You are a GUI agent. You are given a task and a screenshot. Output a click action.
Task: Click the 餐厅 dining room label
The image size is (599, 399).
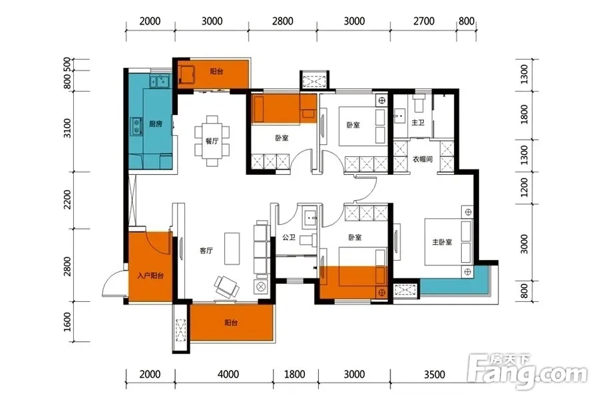[212, 141]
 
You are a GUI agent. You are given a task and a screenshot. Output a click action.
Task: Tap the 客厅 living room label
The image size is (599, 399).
[206, 251]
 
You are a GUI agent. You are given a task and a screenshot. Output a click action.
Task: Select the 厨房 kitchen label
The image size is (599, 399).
[156, 124]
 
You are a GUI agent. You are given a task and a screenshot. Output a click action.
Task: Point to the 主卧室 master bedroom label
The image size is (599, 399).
[442, 242]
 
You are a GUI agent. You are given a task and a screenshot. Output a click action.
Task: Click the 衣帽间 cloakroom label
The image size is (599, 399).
[423, 159]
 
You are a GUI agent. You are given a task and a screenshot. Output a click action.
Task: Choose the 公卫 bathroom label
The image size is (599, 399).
[290, 237]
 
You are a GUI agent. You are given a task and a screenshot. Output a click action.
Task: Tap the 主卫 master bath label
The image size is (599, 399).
[417, 122]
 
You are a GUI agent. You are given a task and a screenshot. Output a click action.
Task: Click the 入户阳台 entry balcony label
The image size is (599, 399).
[150, 275]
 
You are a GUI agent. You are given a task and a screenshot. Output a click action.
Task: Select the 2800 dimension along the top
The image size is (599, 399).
[283, 21]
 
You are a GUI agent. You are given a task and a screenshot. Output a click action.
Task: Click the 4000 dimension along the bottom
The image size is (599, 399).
[228, 374]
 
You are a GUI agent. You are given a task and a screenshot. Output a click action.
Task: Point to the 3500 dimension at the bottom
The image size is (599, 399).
[435, 374]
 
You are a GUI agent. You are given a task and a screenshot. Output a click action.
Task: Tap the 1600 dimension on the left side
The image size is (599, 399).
[67, 322]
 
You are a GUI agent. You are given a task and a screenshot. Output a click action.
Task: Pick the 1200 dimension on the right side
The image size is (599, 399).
[524, 187]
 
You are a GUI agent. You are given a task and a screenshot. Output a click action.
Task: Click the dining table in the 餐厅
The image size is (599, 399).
[212, 141]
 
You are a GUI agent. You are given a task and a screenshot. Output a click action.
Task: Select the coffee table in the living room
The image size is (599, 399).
[232, 249]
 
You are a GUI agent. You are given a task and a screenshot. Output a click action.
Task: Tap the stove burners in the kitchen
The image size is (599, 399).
[136, 126]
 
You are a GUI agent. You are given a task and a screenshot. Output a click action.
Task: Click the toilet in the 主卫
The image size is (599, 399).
[419, 102]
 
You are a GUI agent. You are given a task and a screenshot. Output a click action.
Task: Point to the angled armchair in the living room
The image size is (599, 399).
[226, 287]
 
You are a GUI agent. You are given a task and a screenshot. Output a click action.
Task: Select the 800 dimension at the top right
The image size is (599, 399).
[467, 21]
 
